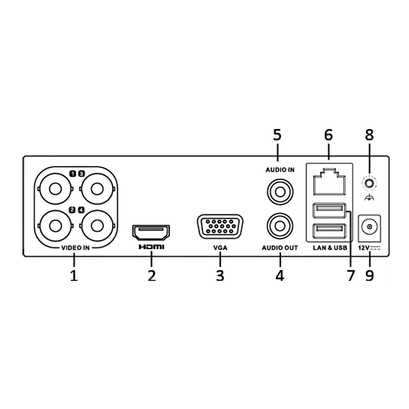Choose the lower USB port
(329, 232)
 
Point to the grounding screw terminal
(369, 184)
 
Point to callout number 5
(277, 135)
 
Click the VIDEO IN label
(75, 248)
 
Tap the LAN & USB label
(330, 248)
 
